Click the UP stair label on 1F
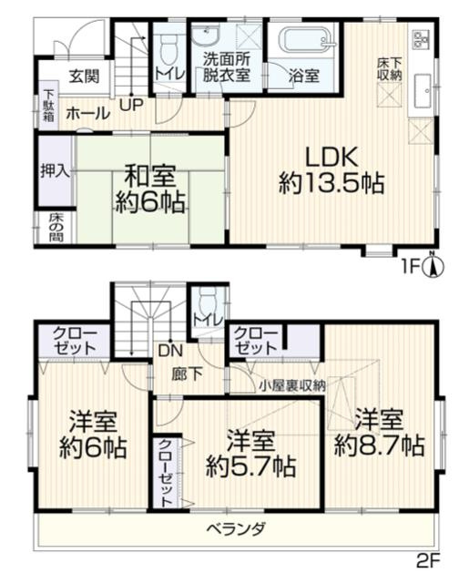[x=130, y=105]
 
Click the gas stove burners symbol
[x=423, y=39]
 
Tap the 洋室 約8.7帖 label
[x=378, y=434]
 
